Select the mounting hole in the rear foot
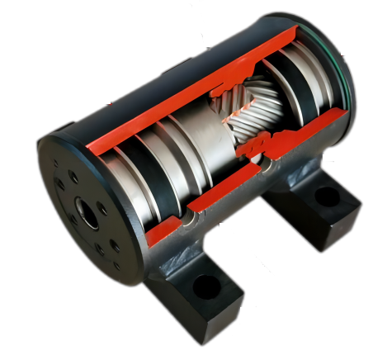coord(327,197)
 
